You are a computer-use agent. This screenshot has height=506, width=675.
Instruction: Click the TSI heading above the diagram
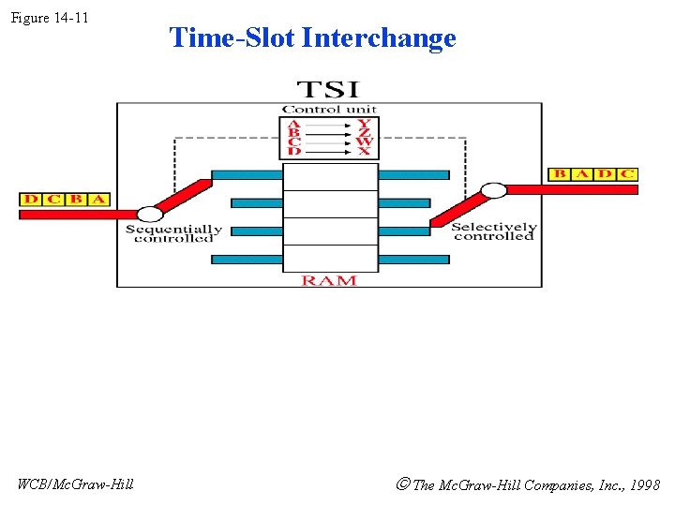coord(327,90)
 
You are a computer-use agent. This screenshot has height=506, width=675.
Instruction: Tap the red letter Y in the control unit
coord(364,123)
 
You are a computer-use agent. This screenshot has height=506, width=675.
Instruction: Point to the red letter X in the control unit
coord(364,151)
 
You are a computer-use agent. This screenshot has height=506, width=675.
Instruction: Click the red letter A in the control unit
coord(293,123)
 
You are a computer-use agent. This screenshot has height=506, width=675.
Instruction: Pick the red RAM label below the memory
coord(328,280)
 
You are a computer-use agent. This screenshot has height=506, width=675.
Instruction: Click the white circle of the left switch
coord(150,215)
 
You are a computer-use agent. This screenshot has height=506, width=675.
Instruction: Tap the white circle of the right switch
coord(493,190)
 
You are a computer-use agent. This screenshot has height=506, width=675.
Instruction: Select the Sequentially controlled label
coord(173,233)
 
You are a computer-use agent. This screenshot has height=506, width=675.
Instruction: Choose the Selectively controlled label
coord(493,231)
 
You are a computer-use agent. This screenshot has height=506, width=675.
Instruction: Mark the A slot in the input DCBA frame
coord(97,200)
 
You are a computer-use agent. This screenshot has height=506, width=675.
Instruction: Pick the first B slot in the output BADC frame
coord(560,174)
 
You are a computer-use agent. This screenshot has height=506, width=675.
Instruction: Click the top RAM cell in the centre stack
coord(330,177)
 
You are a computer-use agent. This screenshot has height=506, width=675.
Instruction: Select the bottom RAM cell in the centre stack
coord(330,258)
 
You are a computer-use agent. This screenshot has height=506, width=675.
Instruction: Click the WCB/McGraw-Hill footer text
coord(75,484)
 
